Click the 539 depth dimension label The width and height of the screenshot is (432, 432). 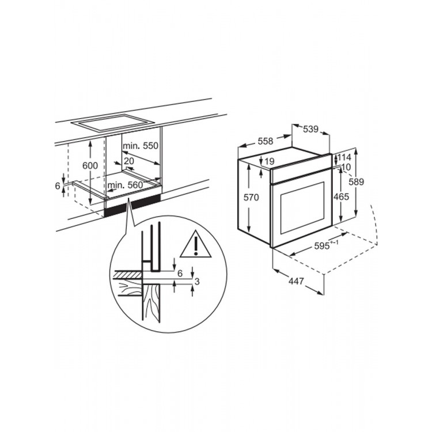tap(310, 129)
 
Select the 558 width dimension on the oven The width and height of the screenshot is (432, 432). tap(266, 141)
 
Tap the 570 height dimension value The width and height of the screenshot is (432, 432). tap(251, 197)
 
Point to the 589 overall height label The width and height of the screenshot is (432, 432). tap(356, 181)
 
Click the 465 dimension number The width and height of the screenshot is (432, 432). tap(341, 197)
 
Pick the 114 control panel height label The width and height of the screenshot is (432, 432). tap(344, 158)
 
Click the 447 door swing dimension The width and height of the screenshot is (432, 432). tap(296, 281)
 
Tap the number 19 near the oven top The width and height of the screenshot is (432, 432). tap(270, 161)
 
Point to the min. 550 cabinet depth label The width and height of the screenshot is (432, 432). tap(141, 146)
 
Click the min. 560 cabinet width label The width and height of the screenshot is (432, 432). tap(126, 185)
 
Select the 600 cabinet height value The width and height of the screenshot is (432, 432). tap(90, 165)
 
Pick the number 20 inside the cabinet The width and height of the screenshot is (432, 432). tap(128, 161)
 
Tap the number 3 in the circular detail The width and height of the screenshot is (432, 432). tap(197, 282)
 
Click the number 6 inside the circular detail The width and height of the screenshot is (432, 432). tap(180, 273)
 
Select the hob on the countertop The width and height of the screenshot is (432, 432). tap(112, 122)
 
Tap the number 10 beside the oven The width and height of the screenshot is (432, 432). tap(346, 167)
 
